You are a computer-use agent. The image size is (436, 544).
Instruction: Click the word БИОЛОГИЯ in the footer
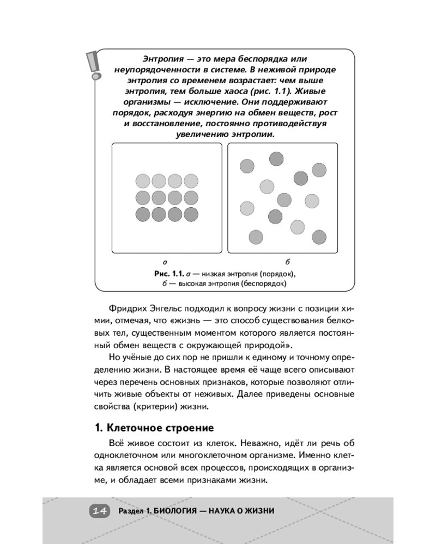[176, 511]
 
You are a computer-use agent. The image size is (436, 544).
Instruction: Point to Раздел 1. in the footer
[133, 511]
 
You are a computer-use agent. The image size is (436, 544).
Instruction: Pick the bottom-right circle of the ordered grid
[191, 214]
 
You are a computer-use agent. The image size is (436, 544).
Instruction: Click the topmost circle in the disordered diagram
[276, 159]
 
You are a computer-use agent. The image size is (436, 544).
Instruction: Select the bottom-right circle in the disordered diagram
[319, 237]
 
